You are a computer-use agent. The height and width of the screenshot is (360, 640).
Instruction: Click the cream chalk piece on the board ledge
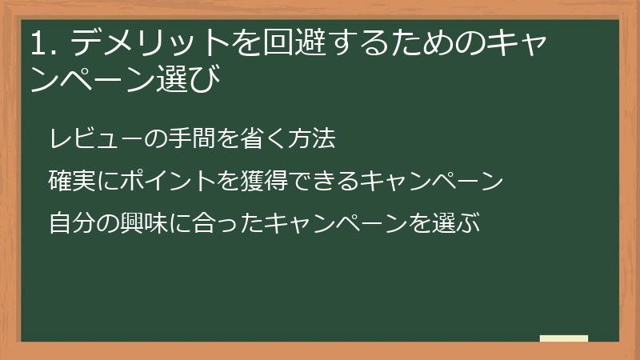(x=564, y=338)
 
